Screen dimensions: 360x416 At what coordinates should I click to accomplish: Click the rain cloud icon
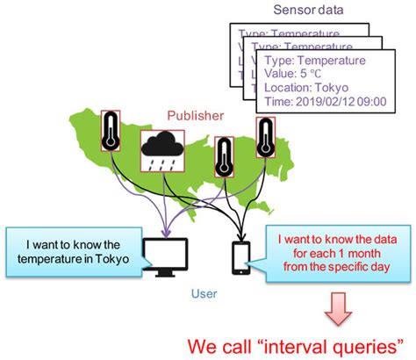[x=161, y=151]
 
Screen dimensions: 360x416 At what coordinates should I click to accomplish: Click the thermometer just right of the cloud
[x=226, y=159]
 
